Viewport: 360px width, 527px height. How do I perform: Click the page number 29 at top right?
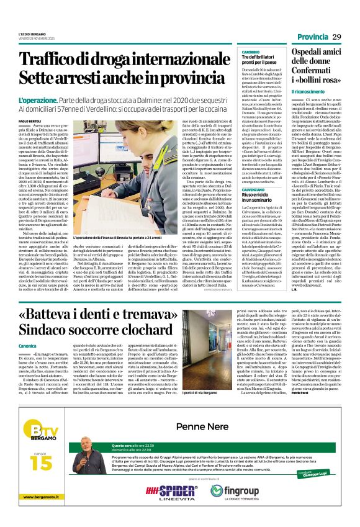click(x=337, y=38)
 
